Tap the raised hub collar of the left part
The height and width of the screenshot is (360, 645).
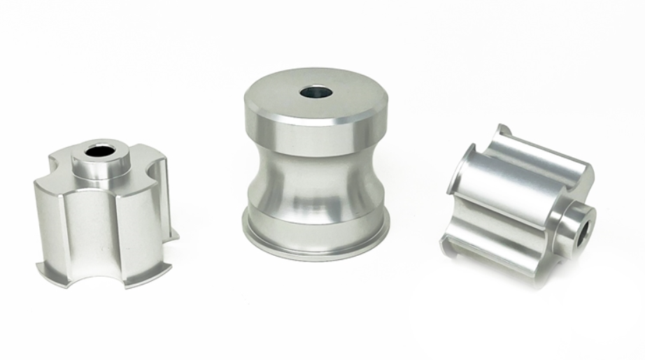click(101, 164)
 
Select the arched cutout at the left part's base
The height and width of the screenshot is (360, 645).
click(91, 266)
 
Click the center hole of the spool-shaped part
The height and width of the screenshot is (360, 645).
click(316, 92)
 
